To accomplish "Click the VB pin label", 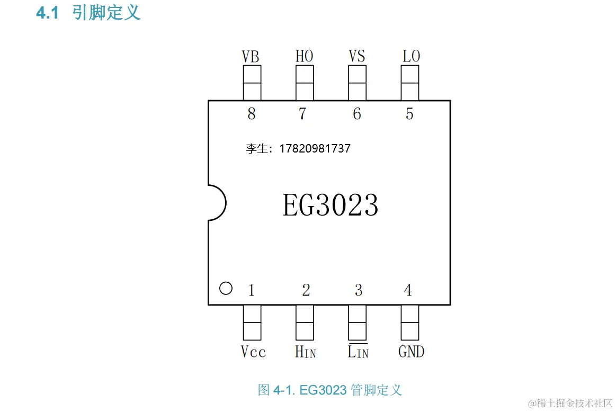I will pyautogui.click(x=251, y=57).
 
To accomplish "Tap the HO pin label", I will pyautogui.click(x=304, y=57).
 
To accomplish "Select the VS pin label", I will pyautogui.click(x=357, y=57).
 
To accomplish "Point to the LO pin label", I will pyautogui.click(x=411, y=57).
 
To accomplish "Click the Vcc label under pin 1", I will pyautogui.click(x=253, y=352).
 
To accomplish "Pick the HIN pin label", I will pyautogui.click(x=305, y=352).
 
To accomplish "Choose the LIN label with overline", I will pyautogui.click(x=358, y=351).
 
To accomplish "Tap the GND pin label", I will pyautogui.click(x=411, y=352).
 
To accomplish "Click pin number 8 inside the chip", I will pyautogui.click(x=251, y=114).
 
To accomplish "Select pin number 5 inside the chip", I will pyautogui.click(x=409, y=114).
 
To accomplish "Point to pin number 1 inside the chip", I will pyautogui.click(x=251, y=290).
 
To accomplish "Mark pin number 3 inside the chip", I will pyautogui.click(x=359, y=290).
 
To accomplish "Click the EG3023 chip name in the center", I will pyautogui.click(x=331, y=205).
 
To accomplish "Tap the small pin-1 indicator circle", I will pyautogui.click(x=226, y=288).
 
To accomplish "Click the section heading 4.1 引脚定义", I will pyautogui.click(x=88, y=13).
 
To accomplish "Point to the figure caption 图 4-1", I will pyautogui.click(x=329, y=390).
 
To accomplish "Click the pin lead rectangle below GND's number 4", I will pyautogui.click(x=410, y=323).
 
